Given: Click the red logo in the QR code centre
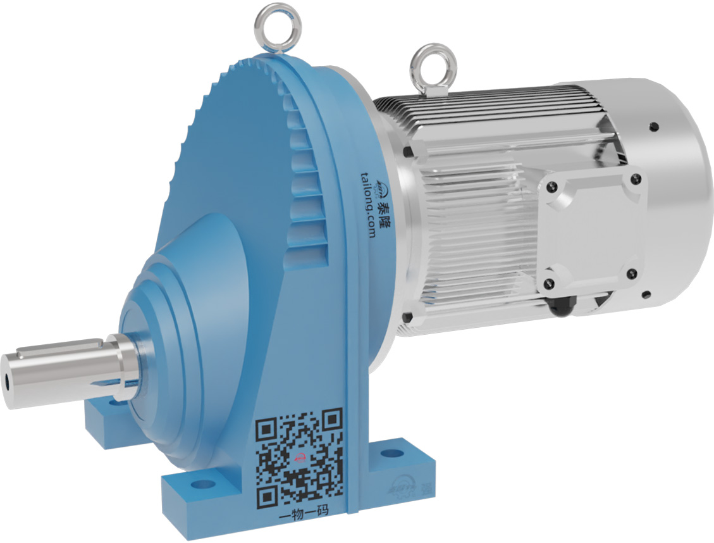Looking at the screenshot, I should [x=300, y=458].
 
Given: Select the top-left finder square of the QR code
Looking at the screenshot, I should [x=266, y=431].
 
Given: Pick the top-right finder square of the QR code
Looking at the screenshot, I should [x=331, y=419].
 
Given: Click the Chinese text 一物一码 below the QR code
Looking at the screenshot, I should [x=304, y=513].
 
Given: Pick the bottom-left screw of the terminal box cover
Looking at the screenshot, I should [x=550, y=282].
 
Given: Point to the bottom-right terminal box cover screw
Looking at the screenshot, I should [x=631, y=273].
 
